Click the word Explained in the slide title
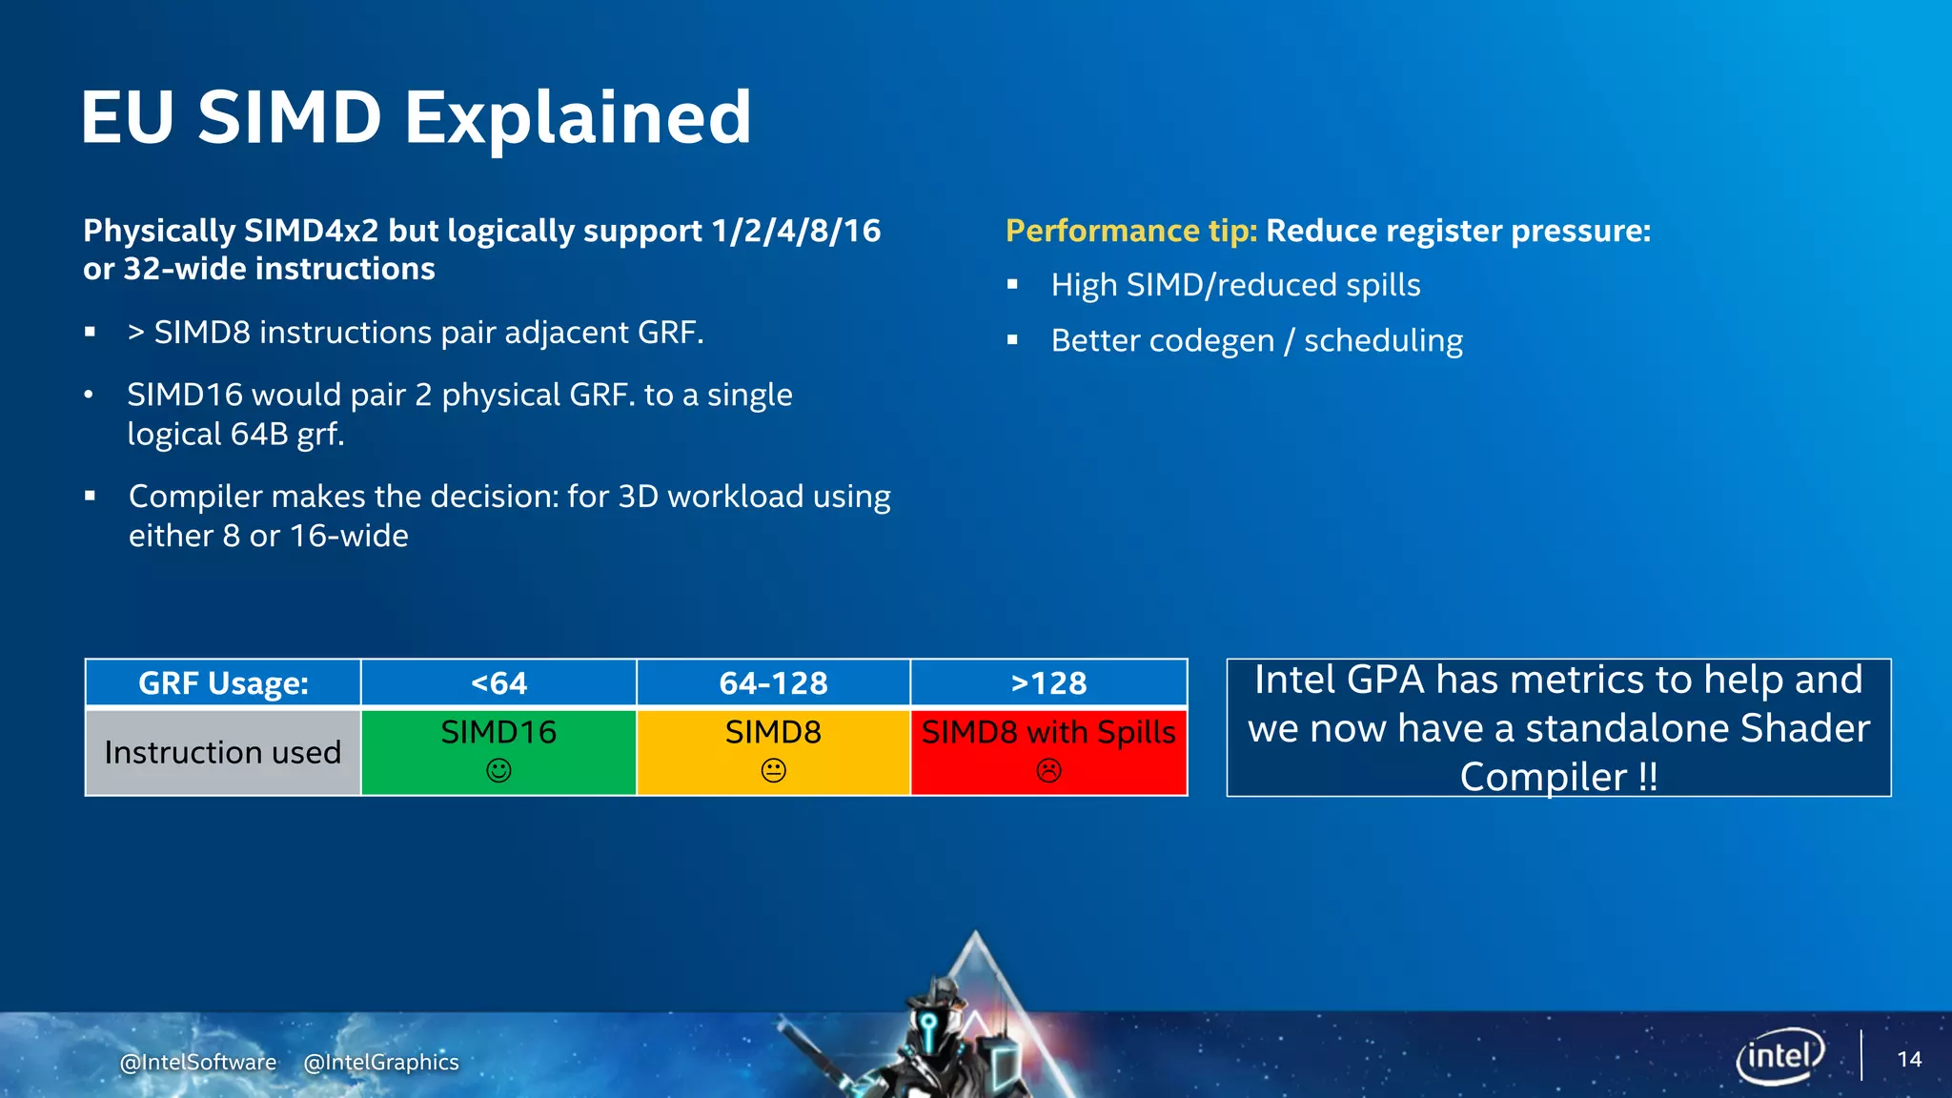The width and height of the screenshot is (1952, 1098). tap(579, 118)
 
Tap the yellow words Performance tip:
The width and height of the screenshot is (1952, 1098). tap(1131, 231)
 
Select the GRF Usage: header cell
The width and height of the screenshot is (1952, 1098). tap(223, 683)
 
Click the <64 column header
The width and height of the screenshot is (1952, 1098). tap(498, 683)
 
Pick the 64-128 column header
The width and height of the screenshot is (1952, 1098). tap(773, 683)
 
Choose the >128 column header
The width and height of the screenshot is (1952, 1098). tap(1048, 683)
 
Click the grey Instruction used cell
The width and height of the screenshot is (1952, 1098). tap(222, 752)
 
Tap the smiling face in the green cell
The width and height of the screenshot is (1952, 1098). tap(498, 770)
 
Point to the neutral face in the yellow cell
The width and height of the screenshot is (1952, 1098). tap(773, 770)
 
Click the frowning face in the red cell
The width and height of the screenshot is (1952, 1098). tap(1048, 770)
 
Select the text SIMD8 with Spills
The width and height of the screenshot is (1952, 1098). tap(1048, 732)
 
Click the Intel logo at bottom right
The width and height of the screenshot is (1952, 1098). tap(1779, 1056)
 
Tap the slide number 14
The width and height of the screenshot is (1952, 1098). tap(1909, 1059)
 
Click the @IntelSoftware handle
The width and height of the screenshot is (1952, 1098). tap(198, 1062)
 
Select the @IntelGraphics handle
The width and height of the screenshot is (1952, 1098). tap(381, 1062)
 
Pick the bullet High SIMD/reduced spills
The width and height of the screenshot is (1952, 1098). tap(1235, 285)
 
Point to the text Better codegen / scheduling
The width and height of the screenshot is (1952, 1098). tap(1256, 340)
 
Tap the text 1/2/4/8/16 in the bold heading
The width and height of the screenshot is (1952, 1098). tap(796, 231)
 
